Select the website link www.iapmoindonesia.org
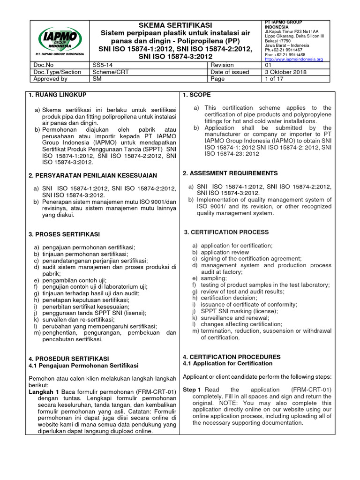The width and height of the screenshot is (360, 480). [x=293, y=60]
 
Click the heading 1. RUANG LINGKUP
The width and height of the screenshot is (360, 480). [x=57, y=95]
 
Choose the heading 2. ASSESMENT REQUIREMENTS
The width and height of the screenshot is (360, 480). [x=230, y=173]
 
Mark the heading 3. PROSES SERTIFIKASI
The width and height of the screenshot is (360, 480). [x=64, y=234]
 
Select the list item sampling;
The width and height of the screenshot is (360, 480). [x=213, y=278]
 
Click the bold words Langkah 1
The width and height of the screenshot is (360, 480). [x=44, y=392]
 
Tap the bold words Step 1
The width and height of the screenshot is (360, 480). [x=192, y=390]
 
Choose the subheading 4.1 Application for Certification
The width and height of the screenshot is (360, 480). [x=227, y=363]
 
